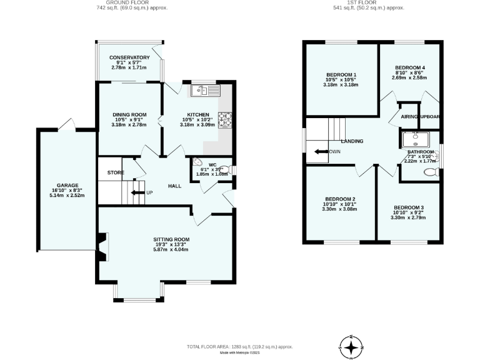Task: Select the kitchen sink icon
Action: click(202, 91)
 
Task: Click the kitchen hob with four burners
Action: click(224, 119)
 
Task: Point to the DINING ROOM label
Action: click(129, 114)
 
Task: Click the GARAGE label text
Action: click(67, 186)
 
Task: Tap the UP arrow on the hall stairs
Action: click(136, 192)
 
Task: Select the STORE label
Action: click(115, 172)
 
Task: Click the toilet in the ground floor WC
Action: click(231, 169)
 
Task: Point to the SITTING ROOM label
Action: click(171, 239)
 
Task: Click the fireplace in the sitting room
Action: click(101, 246)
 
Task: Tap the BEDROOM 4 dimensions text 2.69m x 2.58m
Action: click(409, 78)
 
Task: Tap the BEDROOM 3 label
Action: click(409, 207)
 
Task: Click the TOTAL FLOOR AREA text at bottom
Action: click(240, 346)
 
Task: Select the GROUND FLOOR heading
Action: click(119, 3)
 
